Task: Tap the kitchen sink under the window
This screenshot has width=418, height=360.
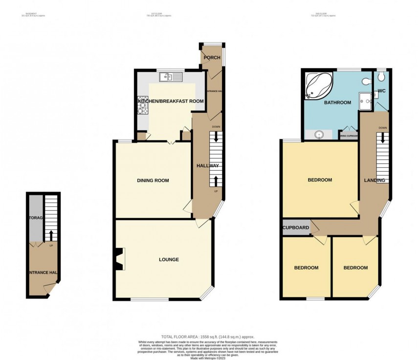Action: pyautogui.click(x=171, y=76)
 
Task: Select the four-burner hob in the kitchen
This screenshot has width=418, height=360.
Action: pyautogui.click(x=144, y=105)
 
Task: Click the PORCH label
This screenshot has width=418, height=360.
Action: pyautogui.click(x=213, y=58)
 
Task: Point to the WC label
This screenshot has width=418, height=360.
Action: pyautogui.click(x=380, y=91)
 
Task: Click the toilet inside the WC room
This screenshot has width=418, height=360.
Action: pyautogui.click(x=381, y=77)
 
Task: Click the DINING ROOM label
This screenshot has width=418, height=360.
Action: pyautogui.click(x=153, y=180)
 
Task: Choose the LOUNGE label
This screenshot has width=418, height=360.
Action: pyautogui.click(x=169, y=259)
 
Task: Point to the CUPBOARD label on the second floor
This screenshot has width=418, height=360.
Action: pyautogui.click(x=296, y=228)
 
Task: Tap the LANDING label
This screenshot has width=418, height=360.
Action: pyautogui.click(x=374, y=180)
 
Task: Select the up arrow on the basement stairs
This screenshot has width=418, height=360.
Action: pyautogui.click(x=51, y=234)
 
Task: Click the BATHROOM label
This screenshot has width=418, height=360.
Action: pyautogui.click(x=338, y=103)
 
